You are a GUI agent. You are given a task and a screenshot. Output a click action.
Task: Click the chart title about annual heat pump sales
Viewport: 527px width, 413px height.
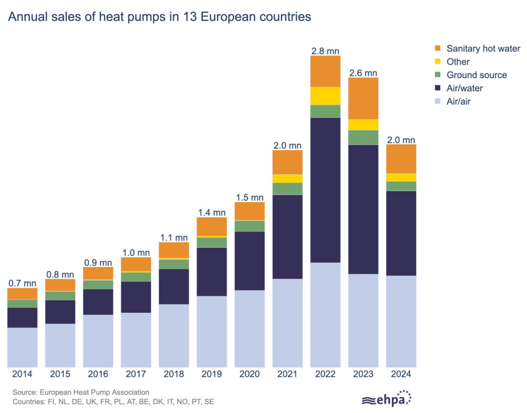(x=159, y=17)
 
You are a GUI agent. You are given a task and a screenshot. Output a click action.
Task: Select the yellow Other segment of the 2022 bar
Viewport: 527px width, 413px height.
(x=325, y=96)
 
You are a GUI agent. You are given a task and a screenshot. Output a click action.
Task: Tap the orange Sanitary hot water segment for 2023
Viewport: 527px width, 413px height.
(x=363, y=98)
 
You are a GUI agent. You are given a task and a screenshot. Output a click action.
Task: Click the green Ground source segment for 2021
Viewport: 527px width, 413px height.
(x=287, y=189)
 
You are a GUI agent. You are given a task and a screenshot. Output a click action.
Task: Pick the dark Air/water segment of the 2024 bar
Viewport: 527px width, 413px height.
(x=401, y=233)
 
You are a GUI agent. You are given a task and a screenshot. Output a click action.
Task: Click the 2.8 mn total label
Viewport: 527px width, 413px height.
(x=325, y=51)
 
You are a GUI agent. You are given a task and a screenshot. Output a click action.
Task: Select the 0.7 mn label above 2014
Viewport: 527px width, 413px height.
(x=22, y=283)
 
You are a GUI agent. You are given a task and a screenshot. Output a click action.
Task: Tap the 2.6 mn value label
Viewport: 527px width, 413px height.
(x=363, y=73)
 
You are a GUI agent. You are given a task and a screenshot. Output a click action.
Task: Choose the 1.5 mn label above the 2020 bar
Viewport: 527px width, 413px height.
(x=250, y=198)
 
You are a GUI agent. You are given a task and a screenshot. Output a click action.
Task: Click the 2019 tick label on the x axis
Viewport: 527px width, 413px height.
(x=212, y=374)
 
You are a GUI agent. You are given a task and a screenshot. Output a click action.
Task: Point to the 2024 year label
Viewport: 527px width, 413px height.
(x=401, y=374)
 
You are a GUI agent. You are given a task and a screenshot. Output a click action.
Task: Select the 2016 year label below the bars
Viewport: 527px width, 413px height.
(x=98, y=374)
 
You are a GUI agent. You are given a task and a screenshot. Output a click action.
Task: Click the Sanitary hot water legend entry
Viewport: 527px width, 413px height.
(x=483, y=49)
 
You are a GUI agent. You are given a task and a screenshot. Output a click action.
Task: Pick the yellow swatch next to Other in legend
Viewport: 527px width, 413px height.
(x=438, y=62)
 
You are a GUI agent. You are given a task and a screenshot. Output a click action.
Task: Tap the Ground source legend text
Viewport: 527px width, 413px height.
(x=476, y=75)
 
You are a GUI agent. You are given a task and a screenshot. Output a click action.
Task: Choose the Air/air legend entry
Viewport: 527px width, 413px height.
(x=458, y=102)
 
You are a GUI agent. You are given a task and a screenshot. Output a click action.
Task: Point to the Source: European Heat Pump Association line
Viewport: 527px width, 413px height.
(x=81, y=392)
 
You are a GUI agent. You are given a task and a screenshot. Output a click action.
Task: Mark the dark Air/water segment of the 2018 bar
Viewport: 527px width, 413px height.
(x=174, y=286)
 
